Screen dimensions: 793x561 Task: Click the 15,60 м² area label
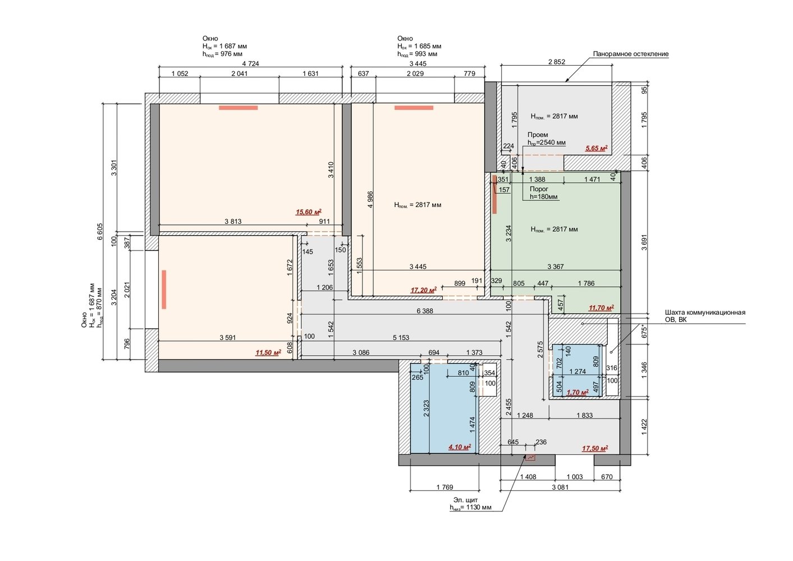[308, 212]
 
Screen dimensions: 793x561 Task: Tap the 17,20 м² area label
[423, 290]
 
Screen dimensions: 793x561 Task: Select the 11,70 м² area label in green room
[601, 308]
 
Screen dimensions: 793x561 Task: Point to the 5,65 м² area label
[597, 148]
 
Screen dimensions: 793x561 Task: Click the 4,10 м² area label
[460, 447]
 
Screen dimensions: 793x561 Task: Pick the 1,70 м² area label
[577, 392]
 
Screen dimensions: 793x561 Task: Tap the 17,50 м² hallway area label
[595, 448]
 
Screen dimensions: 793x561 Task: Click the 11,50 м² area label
[268, 352]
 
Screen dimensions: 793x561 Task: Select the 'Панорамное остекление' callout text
[631, 54]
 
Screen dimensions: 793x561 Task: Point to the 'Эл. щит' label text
[466, 500]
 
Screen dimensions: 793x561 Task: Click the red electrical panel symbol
[530, 458]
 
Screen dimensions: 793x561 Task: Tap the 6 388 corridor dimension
[425, 311]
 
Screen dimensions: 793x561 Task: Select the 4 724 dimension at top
[251, 64]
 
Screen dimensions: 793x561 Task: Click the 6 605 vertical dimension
[100, 232]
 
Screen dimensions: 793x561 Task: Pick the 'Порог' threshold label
[539, 189]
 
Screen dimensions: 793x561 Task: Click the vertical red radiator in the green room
[494, 195]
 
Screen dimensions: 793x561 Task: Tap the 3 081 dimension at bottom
[560, 487]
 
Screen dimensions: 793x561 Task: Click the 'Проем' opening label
[538, 135]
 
